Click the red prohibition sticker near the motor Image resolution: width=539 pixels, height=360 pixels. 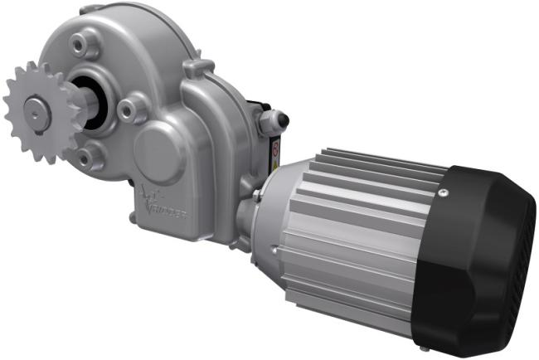pos(275,150)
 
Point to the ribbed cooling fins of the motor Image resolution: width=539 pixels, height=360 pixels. pos(357,224)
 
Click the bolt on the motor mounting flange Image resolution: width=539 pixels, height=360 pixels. pos(259,195)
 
